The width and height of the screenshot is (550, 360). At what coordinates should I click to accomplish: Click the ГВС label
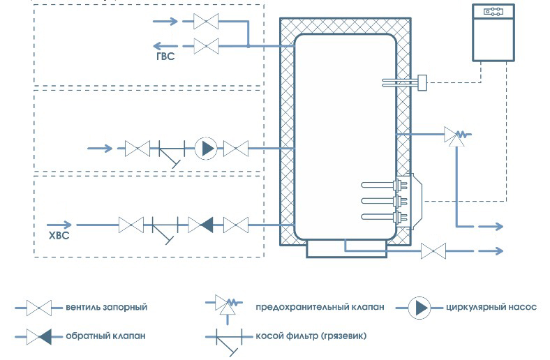165,57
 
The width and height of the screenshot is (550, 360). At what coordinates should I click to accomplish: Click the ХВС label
58,235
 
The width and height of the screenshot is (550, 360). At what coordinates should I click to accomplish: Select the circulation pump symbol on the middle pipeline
205,148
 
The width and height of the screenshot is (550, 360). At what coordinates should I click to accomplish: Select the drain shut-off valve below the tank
434,250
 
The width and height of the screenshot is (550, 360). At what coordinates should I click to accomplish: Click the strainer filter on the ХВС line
165,227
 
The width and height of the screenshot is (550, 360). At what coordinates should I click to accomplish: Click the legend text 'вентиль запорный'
107,307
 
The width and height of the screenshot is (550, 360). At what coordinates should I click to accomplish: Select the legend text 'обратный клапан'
107,336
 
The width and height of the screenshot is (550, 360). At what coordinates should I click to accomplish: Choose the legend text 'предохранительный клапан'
320,307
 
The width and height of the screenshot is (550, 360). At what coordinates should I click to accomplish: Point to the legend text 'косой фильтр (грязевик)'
311,336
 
